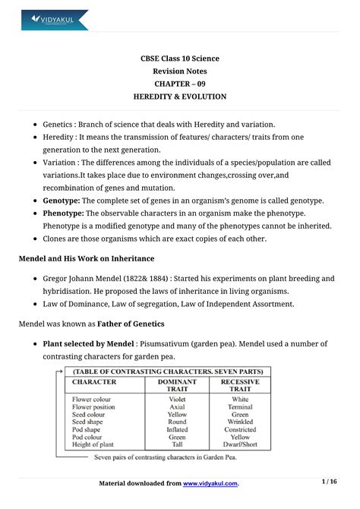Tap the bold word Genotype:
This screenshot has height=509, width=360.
click(67, 200)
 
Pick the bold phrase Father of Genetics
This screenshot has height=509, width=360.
click(149, 323)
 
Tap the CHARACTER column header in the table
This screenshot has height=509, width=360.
click(94, 382)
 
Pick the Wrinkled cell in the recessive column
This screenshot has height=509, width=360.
click(240, 422)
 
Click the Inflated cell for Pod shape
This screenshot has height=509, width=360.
click(178, 429)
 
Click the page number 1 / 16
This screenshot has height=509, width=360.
click(329, 481)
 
